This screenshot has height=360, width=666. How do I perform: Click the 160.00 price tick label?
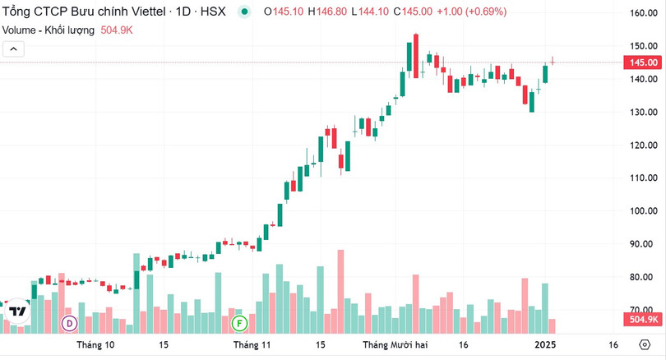641,13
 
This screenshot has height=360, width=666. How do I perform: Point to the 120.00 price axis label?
641,145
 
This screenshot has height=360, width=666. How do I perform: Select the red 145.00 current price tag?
642,62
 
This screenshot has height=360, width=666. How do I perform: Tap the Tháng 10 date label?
95,345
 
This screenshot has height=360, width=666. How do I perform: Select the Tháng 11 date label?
252,345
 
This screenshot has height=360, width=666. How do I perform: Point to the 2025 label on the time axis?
546,345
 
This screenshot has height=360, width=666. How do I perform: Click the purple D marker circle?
69,322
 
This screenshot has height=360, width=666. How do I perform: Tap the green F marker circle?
239,322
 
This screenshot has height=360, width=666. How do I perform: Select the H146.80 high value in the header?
328,12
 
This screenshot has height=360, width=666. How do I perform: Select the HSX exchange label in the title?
212,12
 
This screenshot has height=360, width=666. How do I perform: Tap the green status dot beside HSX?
244,12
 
